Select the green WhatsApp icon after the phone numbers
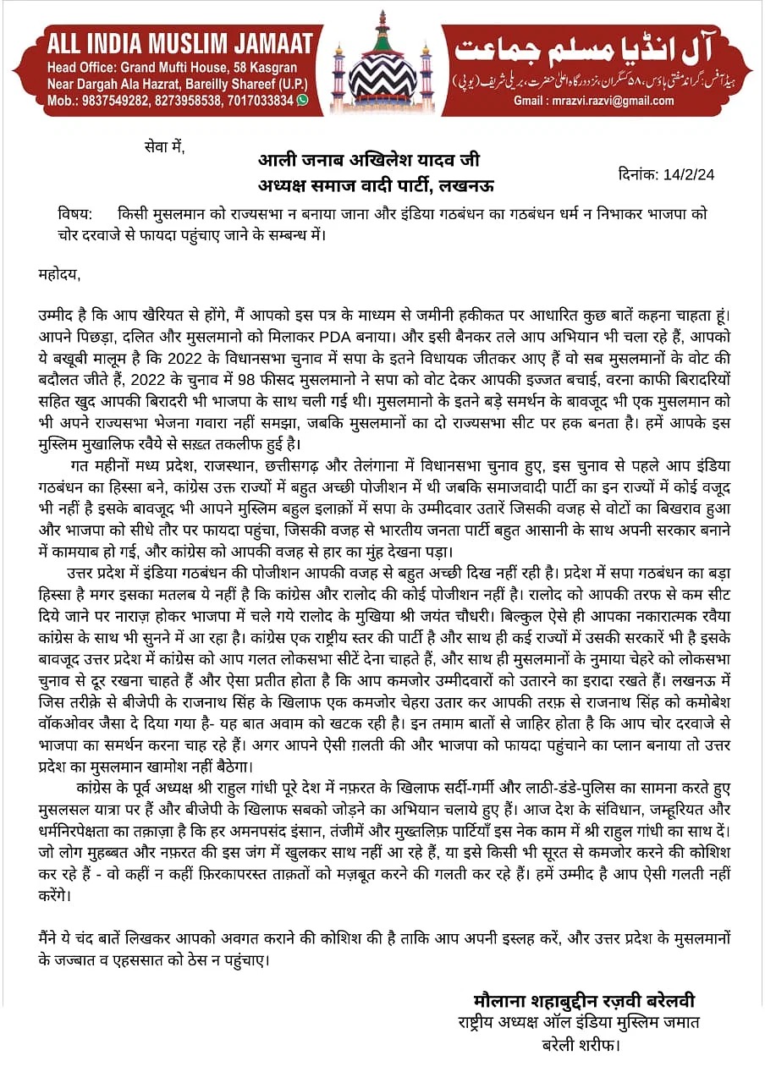(302, 100)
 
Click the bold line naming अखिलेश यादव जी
(370, 160)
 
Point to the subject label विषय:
(76, 216)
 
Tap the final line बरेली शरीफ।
(581, 1045)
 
